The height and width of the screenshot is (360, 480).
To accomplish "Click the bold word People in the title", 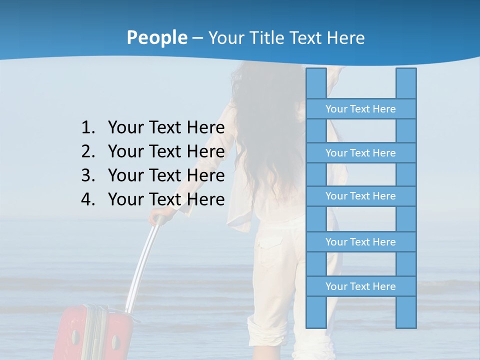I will click(157, 37).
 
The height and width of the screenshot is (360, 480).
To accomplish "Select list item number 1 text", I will click(166, 127).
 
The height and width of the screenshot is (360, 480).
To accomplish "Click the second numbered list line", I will click(166, 151).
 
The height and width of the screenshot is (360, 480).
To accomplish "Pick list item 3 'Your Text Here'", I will click(166, 175).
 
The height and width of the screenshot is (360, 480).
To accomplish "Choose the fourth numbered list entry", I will click(166, 199).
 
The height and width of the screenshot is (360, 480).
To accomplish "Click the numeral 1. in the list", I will click(87, 127).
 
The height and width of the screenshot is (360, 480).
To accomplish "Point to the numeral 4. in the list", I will click(87, 199).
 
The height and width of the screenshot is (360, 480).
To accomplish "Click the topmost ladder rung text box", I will click(360, 109).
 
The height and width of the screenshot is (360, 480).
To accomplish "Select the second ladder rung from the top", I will click(360, 153).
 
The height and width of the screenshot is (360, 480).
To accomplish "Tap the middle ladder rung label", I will click(360, 196).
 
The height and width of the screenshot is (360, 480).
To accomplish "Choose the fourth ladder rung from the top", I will click(360, 242).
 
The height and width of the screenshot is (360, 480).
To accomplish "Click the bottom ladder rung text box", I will click(360, 286).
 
